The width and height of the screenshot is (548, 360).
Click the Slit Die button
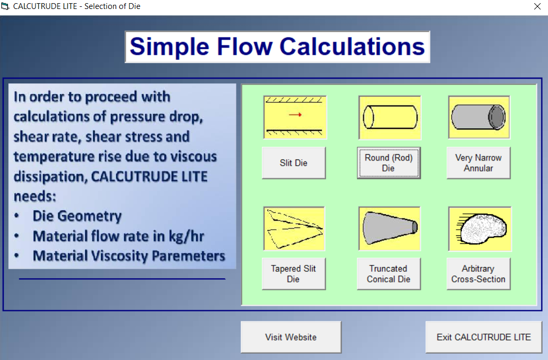(294, 163)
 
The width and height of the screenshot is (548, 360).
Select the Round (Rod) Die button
(389, 163)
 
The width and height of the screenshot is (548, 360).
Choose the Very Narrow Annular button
(478, 163)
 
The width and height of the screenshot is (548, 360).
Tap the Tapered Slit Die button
(294, 273)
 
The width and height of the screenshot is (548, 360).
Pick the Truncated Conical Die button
(389, 273)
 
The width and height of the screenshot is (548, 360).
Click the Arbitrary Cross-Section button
(478, 273)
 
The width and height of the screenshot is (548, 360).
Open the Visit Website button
(291, 337)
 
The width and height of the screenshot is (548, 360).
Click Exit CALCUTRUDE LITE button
(484, 337)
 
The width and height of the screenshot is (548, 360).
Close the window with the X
(537, 6)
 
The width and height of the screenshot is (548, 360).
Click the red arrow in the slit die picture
(295, 115)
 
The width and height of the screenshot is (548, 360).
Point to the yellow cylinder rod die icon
(390, 117)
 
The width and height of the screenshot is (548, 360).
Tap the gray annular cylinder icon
(478, 117)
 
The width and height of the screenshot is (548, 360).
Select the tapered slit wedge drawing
(294, 229)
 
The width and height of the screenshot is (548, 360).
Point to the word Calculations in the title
(352, 46)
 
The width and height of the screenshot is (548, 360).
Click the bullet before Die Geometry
(16, 216)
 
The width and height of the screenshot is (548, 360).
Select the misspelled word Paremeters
(188, 256)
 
